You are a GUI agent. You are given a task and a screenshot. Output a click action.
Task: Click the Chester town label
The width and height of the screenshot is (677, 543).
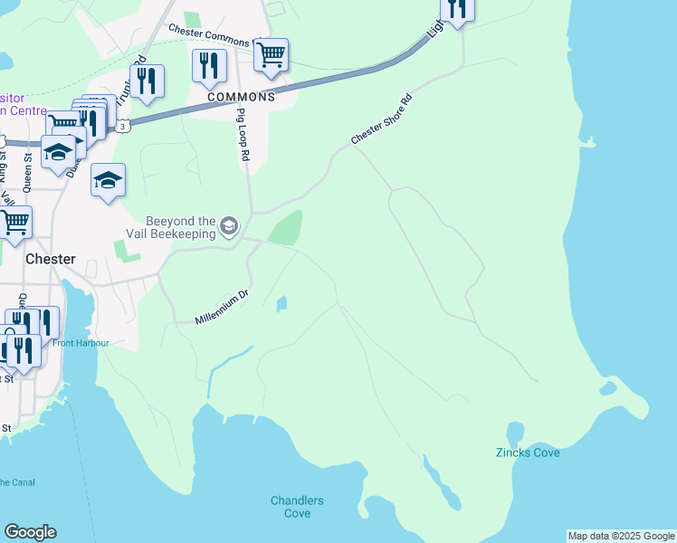tap(50, 258)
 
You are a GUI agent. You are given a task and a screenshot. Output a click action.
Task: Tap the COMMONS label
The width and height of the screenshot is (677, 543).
tap(240, 97)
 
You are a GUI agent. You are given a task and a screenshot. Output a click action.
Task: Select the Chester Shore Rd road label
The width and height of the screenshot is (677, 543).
tap(381, 119)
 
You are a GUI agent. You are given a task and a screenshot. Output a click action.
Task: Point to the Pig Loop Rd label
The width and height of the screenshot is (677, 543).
tap(243, 135)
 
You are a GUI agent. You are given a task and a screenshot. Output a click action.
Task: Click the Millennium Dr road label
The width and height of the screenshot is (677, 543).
tap(221, 308)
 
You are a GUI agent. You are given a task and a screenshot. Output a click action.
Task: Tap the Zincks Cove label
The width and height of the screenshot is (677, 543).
tap(528, 452)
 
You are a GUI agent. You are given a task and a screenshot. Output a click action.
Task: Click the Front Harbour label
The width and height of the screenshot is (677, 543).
tap(81, 343)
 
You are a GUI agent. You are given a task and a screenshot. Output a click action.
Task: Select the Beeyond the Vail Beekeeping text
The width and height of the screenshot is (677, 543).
tap(181, 227)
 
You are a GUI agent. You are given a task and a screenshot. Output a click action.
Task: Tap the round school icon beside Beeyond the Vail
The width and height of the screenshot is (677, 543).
tap(229, 225)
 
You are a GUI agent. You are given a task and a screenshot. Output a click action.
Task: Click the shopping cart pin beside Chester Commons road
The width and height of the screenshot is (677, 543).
tap(271, 54)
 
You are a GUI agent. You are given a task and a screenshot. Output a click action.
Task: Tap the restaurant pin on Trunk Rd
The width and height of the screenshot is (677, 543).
tap(147, 80)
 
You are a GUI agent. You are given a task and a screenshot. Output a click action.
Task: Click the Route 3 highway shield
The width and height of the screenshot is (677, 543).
tap(123, 127)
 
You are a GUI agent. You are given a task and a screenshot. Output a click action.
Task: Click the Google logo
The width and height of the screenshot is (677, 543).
tap(30, 532)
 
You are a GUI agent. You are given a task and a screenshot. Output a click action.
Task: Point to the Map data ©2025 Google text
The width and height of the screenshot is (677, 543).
tap(620, 536)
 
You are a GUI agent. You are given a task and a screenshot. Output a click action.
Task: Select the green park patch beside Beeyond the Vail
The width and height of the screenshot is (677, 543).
tap(286, 227)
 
